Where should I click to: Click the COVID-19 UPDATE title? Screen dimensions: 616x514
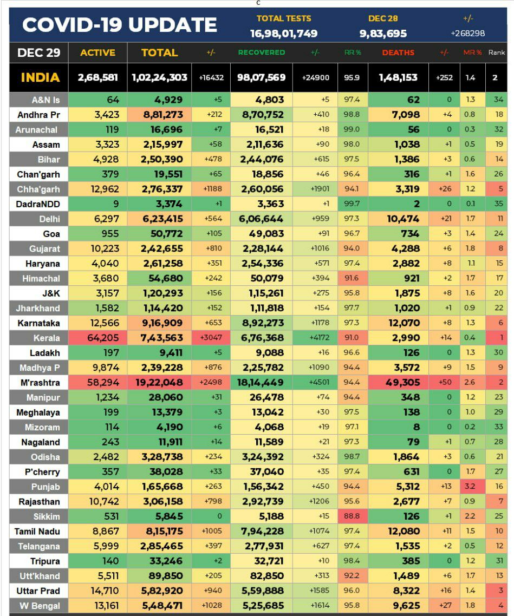120,25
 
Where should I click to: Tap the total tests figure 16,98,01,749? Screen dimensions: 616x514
283,34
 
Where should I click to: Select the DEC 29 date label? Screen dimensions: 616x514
39,53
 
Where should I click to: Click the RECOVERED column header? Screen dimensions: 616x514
261,53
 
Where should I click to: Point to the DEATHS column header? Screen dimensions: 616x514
398,53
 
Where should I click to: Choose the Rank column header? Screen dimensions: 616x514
496,53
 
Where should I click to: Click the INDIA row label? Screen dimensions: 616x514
40,77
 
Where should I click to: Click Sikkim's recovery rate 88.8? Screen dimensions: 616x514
352,516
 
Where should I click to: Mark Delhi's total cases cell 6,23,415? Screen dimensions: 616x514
159,219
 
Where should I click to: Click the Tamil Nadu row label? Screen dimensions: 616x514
37,532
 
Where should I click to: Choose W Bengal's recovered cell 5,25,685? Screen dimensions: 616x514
262,606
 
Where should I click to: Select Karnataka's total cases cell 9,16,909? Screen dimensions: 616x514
159,323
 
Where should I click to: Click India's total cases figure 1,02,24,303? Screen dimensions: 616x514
159,77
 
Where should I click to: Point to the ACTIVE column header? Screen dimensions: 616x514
97,53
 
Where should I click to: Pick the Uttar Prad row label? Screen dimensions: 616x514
38,591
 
